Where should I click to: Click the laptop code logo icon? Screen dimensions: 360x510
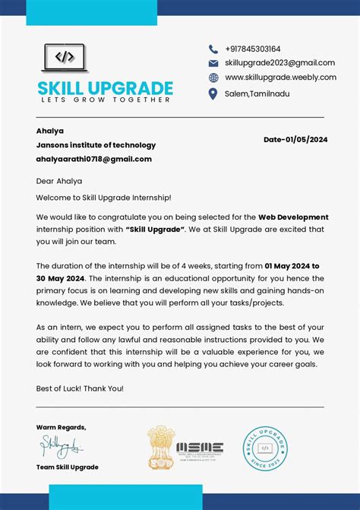pos(65,58)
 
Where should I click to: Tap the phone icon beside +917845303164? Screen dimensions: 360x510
pos(213,49)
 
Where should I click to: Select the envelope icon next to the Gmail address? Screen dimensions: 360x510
pos(213,63)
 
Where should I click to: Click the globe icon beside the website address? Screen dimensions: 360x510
pos(213,78)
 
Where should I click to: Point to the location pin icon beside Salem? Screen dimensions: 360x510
pos(213,93)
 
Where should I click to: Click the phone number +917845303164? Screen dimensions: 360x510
pos(252,49)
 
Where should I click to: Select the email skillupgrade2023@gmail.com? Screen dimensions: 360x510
pos(279,63)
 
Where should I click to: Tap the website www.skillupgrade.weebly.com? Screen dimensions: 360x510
pos(280,78)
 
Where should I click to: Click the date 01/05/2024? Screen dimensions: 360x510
pos(306,139)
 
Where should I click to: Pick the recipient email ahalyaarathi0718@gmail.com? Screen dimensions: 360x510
pos(93,159)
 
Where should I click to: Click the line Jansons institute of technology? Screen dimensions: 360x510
pos(96,145)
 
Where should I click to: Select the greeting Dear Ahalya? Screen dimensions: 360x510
pos(58,181)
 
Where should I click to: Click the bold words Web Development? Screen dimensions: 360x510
pos(293,217)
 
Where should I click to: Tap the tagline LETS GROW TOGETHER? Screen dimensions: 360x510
pos(105,100)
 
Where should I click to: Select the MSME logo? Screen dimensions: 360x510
pos(200,449)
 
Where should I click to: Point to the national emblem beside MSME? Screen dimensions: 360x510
pos(160,448)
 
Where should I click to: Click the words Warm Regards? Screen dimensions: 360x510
pos(61,427)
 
